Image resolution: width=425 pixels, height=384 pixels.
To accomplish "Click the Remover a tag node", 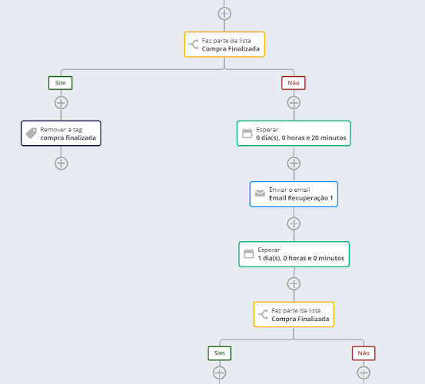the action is [x=61, y=133].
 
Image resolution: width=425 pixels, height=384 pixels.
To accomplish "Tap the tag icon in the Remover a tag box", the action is [x=32, y=133].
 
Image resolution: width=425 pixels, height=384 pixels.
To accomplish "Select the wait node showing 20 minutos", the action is [x=294, y=133].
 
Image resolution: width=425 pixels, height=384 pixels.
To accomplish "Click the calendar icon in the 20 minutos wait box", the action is [x=247, y=133].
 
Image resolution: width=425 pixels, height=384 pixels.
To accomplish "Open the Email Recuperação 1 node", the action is [x=294, y=194].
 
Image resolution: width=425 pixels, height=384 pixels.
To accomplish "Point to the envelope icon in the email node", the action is [x=260, y=193].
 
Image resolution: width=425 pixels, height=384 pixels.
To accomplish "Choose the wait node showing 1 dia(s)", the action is [x=294, y=254].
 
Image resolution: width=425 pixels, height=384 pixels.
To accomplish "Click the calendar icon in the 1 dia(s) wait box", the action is [x=248, y=253].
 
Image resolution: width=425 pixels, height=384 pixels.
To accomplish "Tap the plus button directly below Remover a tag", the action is [x=61, y=164].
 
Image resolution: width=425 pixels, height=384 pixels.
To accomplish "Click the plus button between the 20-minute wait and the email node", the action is [x=294, y=164].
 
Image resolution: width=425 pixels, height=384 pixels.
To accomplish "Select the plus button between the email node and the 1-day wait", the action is [x=294, y=223].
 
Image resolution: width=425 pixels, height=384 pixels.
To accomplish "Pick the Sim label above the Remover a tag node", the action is [x=61, y=83].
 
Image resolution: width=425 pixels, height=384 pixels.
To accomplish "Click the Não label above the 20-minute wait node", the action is [x=294, y=83].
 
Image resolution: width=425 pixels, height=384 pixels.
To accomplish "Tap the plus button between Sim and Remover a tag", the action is [x=61, y=103].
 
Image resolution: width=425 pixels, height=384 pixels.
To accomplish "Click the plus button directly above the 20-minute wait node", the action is [x=294, y=103].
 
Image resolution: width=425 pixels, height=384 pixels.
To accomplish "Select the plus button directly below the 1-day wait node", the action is [x=294, y=284].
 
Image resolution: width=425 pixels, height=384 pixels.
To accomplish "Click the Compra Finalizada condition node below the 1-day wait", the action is [x=294, y=314].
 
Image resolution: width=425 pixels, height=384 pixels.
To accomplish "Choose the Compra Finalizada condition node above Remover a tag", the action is [x=224, y=45].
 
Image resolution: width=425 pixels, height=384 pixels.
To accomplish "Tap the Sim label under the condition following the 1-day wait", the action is [x=220, y=353].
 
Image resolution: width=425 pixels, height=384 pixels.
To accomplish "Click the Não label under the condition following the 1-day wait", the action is [x=364, y=353].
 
